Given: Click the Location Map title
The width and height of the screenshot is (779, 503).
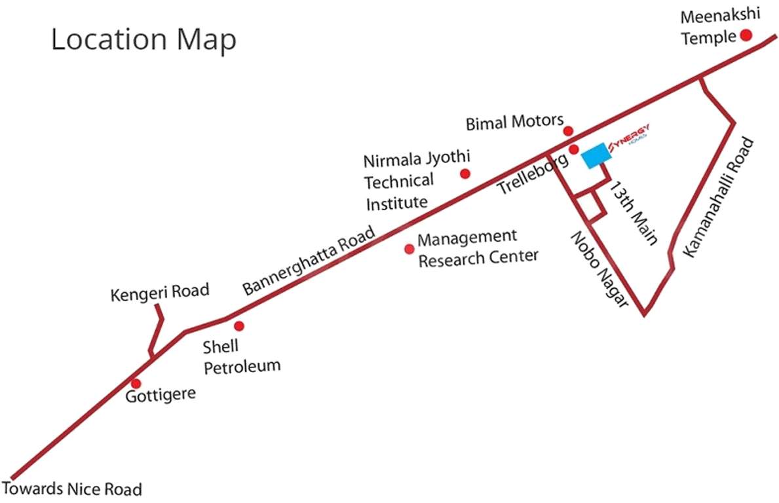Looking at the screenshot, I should pyautogui.click(x=143, y=40).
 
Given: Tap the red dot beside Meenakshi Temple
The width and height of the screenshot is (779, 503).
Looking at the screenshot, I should pyautogui.click(x=746, y=35).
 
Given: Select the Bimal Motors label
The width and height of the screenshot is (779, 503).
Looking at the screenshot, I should pyautogui.click(x=514, y=122).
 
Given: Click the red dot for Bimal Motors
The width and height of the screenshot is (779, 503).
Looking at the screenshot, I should pyautogui.click(x=568, y=131).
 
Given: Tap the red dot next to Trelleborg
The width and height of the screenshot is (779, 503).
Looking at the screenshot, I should pyautogui.click(x=574, y=150).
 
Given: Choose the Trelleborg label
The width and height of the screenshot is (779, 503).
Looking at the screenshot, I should pyautogui.click(x=532, y=174).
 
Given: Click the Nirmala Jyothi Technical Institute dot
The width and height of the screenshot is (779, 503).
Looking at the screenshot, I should pyautogui.click(x=465, y=174).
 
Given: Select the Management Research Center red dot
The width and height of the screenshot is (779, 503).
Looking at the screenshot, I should pyautogui.click(x=409, y=249).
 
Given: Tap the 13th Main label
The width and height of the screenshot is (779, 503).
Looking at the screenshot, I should pyautogui.click(x=633, y=214).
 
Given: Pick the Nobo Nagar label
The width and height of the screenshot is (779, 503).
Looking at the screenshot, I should pyautogui.click(x=598, y=269).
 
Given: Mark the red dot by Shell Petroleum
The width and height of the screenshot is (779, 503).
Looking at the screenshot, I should pyautogui.click(x=239, y=326).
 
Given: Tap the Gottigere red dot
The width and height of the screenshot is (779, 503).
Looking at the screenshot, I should pyautogui.click(x=136, y=383).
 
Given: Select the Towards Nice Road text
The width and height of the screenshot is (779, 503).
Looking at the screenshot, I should pyautogui.click(x=72, y=489).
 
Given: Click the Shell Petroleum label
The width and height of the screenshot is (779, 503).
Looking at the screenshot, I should pyautogui.click(x=241, y=356).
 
